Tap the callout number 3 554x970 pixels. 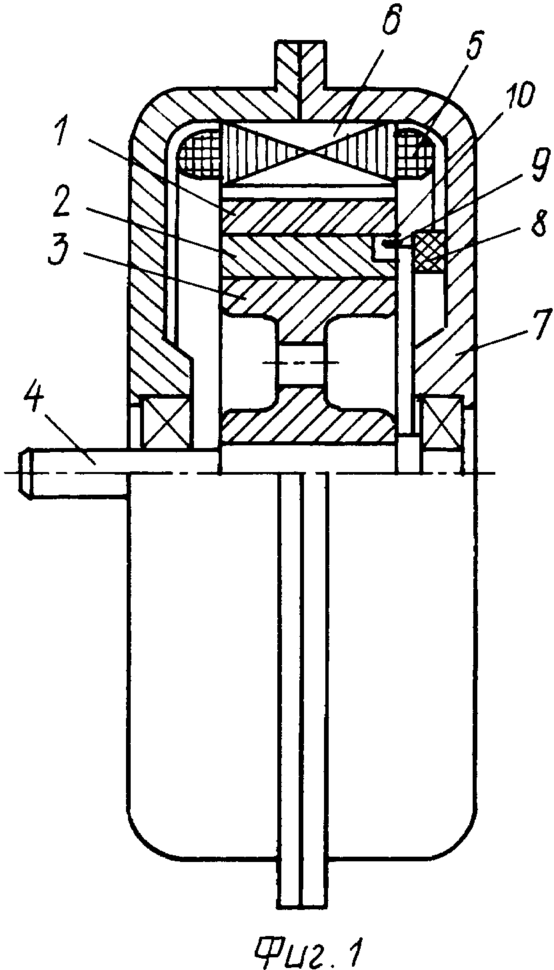click(x=61, y=253)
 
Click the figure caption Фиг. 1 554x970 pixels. click(x=309, y=949)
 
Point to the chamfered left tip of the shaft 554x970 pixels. click(x=26, y=475)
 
